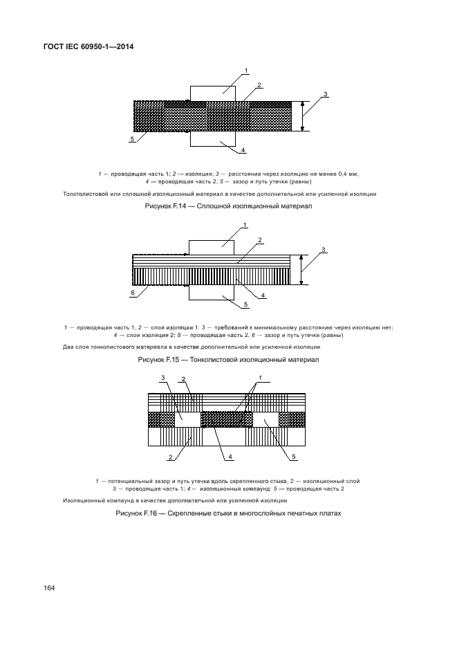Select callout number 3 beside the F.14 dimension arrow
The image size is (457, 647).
tap(325, 94)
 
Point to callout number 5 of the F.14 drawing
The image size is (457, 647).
tap(131, 139)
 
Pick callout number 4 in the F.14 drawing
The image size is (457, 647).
tap(243, 150)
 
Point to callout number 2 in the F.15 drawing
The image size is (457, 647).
tap(259, 240)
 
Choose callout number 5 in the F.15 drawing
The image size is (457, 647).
tap(245, 304)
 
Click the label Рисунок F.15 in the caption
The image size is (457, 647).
tap(160, 360)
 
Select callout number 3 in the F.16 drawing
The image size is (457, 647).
tap(162, 378)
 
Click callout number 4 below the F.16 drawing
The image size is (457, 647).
tap(230, 457)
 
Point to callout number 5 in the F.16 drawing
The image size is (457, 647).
tap(293, 457)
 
